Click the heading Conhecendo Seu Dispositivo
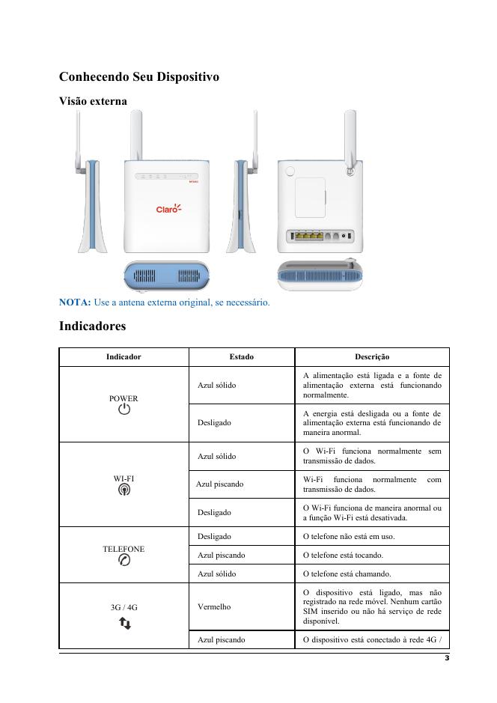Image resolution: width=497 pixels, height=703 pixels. [x=138, y=77]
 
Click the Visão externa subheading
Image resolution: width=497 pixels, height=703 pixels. [x=93, y=100]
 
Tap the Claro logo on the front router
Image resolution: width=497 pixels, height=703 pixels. [x=168, y=209]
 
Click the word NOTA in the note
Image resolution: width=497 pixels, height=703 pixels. [x=75, y=302]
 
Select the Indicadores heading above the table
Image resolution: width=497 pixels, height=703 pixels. [x=93, y=326]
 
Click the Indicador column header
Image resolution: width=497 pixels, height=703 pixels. [x=124, y=357]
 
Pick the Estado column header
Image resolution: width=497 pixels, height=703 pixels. [x=241, y=357]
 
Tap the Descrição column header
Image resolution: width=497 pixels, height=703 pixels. [x=372, y=357]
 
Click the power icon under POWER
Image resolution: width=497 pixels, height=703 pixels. [x=124, y=410]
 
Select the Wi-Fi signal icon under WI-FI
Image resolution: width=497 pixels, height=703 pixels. [x=124, y=490]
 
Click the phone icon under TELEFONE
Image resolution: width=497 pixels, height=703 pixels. [x=124, y=561]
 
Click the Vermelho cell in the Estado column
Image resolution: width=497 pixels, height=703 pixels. [x=213, y=606]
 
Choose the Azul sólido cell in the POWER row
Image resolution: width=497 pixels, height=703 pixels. [x=216, y=385]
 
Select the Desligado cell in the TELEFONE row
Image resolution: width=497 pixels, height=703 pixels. [x=214, y=536]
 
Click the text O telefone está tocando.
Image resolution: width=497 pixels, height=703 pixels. [x=342, y=556]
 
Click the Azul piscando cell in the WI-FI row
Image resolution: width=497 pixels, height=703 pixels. [x=220, y=484]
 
